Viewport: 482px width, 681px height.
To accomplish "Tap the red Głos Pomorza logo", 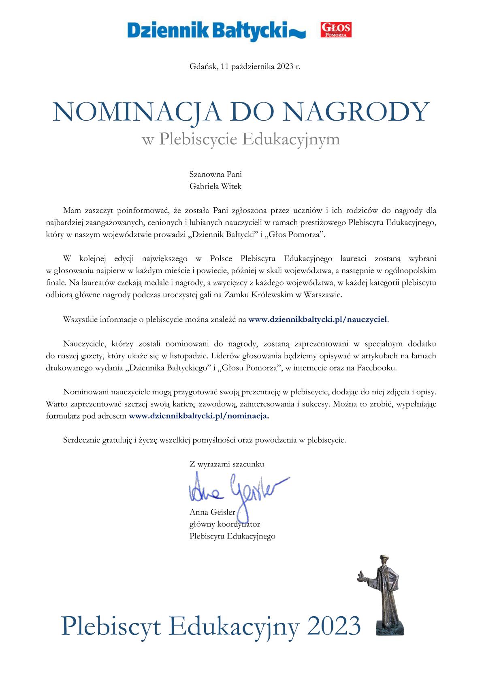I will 336,30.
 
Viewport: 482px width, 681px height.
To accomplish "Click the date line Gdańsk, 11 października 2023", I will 245,67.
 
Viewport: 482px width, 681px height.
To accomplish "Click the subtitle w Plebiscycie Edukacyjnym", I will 241,139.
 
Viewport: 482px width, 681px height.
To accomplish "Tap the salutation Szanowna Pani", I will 215,175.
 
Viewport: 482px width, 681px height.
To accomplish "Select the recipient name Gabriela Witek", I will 215,186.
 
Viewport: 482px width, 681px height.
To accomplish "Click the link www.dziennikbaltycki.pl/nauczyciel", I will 318,319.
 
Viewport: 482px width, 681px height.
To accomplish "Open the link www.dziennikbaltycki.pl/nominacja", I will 198,416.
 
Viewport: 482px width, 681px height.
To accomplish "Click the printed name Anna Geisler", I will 212,512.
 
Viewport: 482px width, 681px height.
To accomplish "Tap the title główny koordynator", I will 224,524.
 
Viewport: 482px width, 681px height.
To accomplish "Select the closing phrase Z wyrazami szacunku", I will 226,464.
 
